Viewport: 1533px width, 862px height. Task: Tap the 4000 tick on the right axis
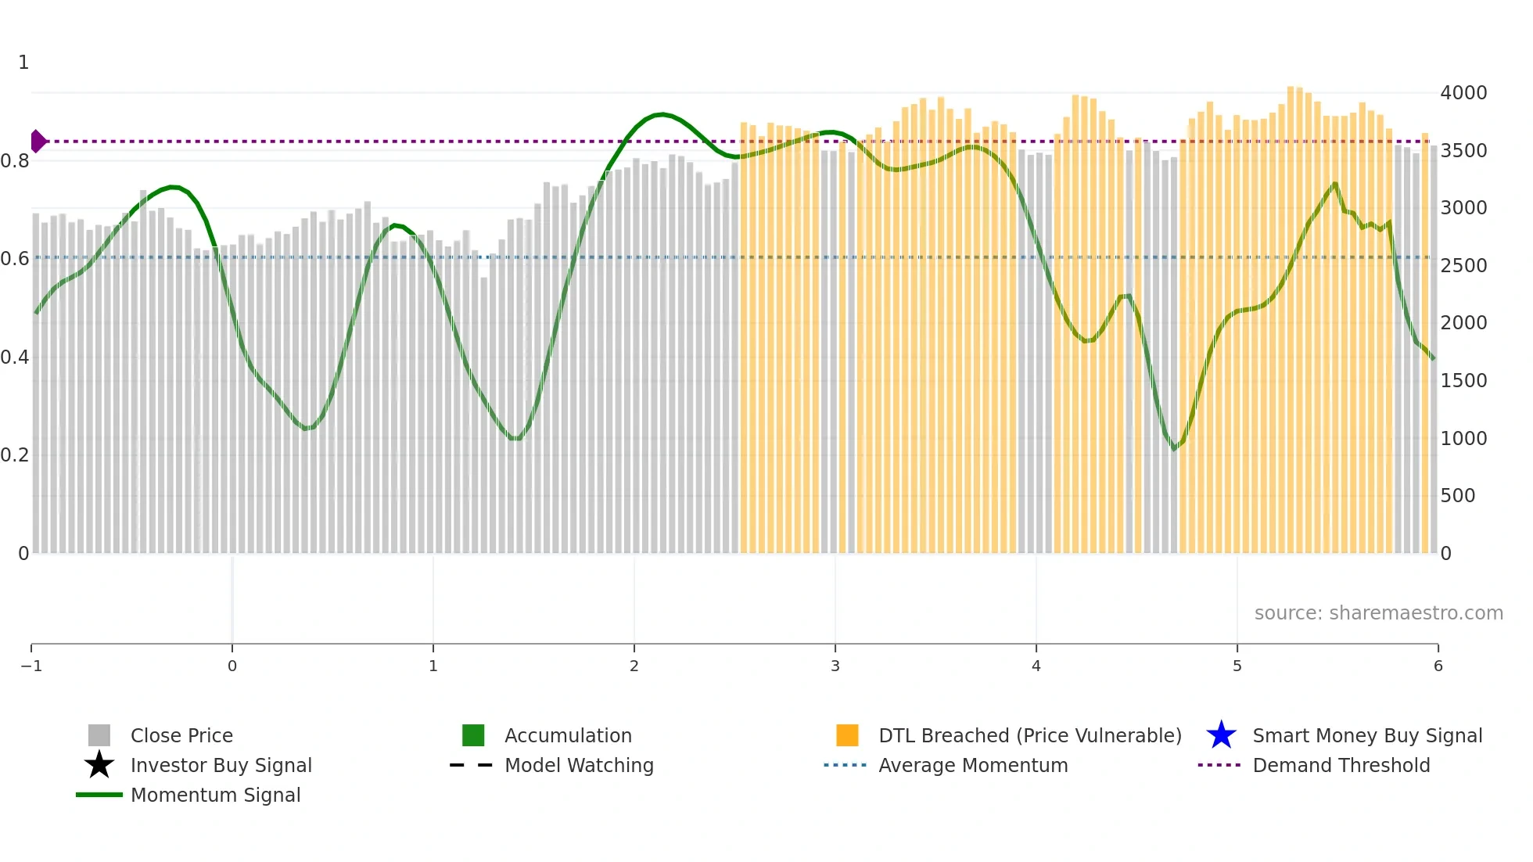coord(1463,93)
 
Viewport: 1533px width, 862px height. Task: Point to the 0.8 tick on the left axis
coord(15,161)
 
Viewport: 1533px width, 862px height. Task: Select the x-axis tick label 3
coord(835,666)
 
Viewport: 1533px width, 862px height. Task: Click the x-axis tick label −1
coord(31,666)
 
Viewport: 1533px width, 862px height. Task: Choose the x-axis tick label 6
coord(1438,666)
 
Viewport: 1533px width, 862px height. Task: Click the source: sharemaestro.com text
coord(1378,613)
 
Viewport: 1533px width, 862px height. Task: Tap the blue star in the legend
coord(1221,735)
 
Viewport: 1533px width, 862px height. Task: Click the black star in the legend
coord(99,765)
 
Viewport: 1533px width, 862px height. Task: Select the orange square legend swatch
coord(847,735)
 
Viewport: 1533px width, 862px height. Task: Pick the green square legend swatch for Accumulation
coord(473,735)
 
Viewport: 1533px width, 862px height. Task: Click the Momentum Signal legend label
coord(215,795)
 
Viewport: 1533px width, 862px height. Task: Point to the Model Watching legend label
coord(579,765)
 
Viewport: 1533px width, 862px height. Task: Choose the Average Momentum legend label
coord(973,765)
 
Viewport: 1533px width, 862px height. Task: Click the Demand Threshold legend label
coord(1341,765)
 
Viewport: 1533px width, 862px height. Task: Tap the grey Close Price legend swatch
coord(99,735)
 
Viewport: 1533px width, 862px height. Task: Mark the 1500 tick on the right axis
coord(1463,381)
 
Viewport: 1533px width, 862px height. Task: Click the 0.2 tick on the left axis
coord(15,455)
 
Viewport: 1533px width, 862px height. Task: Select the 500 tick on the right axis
coord(1458,496)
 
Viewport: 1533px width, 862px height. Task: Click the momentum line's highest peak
coord(662,114)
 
